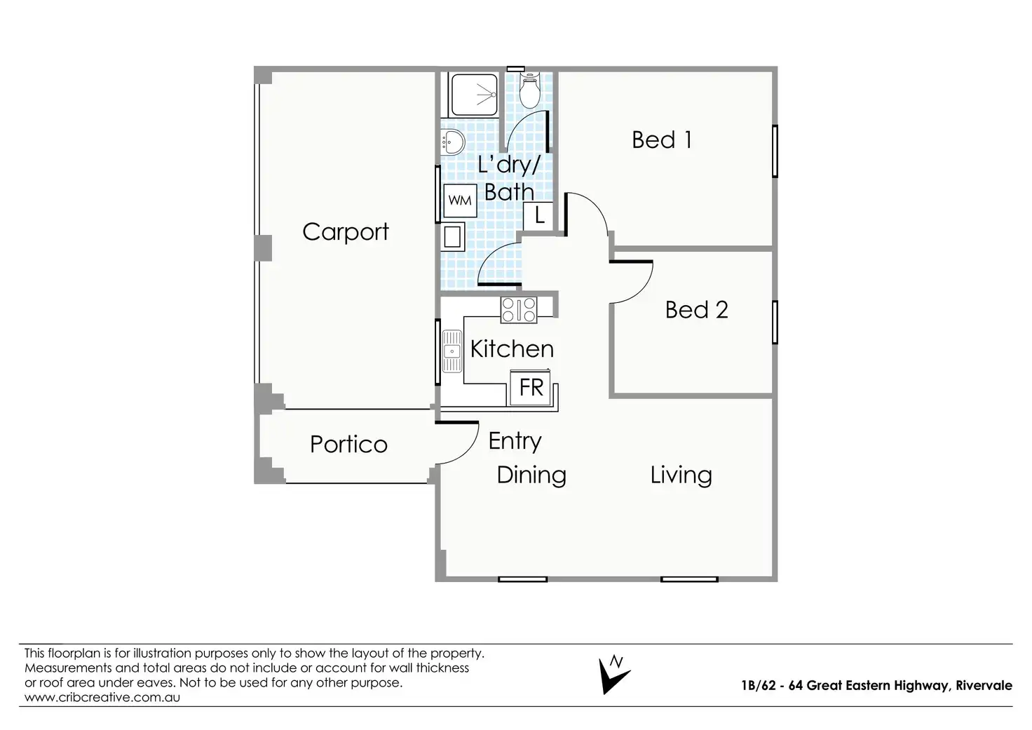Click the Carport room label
pos(346,232)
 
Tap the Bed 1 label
pos(662,140)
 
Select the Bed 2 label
pos(697,310)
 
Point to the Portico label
pos(348,445)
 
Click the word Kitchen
pos(512,349)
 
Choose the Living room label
pos(681,475)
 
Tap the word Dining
pos(531,475)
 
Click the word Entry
pos(515,442)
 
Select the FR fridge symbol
pos(531,388)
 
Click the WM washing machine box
pos(460,201)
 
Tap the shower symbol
pos(474,95)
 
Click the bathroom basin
pos(453,142)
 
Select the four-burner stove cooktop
pos(519,310)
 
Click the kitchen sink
pos(452,351)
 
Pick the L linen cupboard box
pos(538,216)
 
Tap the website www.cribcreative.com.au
pos(102,697)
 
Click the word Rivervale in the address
pos(984,686)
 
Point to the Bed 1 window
pos(775,151)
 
